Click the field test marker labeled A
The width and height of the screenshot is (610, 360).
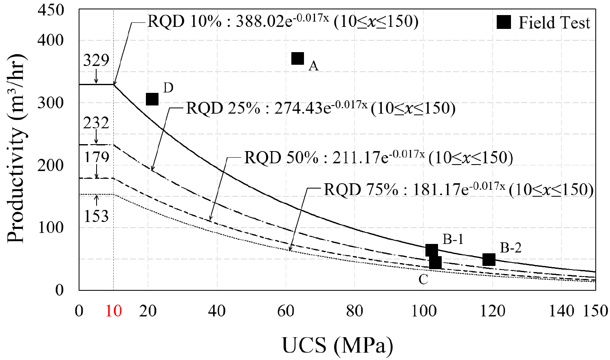point(298,59)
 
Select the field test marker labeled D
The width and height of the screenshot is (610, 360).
point(152,99)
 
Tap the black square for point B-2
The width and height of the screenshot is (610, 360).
point(489,259)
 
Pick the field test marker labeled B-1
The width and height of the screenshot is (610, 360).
point(432,250)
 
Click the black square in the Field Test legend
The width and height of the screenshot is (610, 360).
point(504,22)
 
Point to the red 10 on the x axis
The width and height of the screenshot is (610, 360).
point(114,311)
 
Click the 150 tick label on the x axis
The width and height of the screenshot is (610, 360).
point(595,311)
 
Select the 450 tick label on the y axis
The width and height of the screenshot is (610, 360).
point(51,10)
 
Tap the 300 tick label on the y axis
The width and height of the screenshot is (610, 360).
point(51,103)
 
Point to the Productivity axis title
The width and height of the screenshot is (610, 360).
point(16,149)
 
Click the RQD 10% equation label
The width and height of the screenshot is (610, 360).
point(283,21)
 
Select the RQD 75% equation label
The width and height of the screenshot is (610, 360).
point(458,189)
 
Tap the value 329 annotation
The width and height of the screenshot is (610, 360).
point(96,60)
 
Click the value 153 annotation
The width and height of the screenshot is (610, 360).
point(97,216)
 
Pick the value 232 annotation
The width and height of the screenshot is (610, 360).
point(96,123)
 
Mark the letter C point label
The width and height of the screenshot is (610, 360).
point(423,279)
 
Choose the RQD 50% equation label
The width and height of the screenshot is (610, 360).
point(378,158)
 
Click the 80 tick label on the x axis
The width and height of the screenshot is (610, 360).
point(355,311)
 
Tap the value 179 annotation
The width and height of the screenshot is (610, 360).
point(97,157)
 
